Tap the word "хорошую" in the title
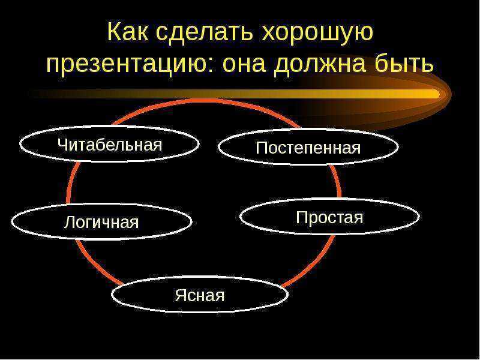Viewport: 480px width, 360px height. [x=317, y=34]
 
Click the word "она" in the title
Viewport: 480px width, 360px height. [x=244, y=65]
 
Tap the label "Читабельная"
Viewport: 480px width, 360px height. [x=110, y=145]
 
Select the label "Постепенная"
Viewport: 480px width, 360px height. [x=308, y=148]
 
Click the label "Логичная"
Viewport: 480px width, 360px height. [x=101, y=222]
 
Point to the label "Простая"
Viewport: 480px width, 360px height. [x=329, y=218]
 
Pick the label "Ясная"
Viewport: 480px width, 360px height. [x=200, y=296]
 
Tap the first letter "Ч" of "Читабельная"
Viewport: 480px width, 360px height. [x=62, y=145]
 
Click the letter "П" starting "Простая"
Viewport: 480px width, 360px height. [x=302, y=217]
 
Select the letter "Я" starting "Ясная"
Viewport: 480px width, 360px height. [x=181, y=296]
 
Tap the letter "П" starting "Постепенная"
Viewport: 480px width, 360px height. [x=262, y=148]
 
